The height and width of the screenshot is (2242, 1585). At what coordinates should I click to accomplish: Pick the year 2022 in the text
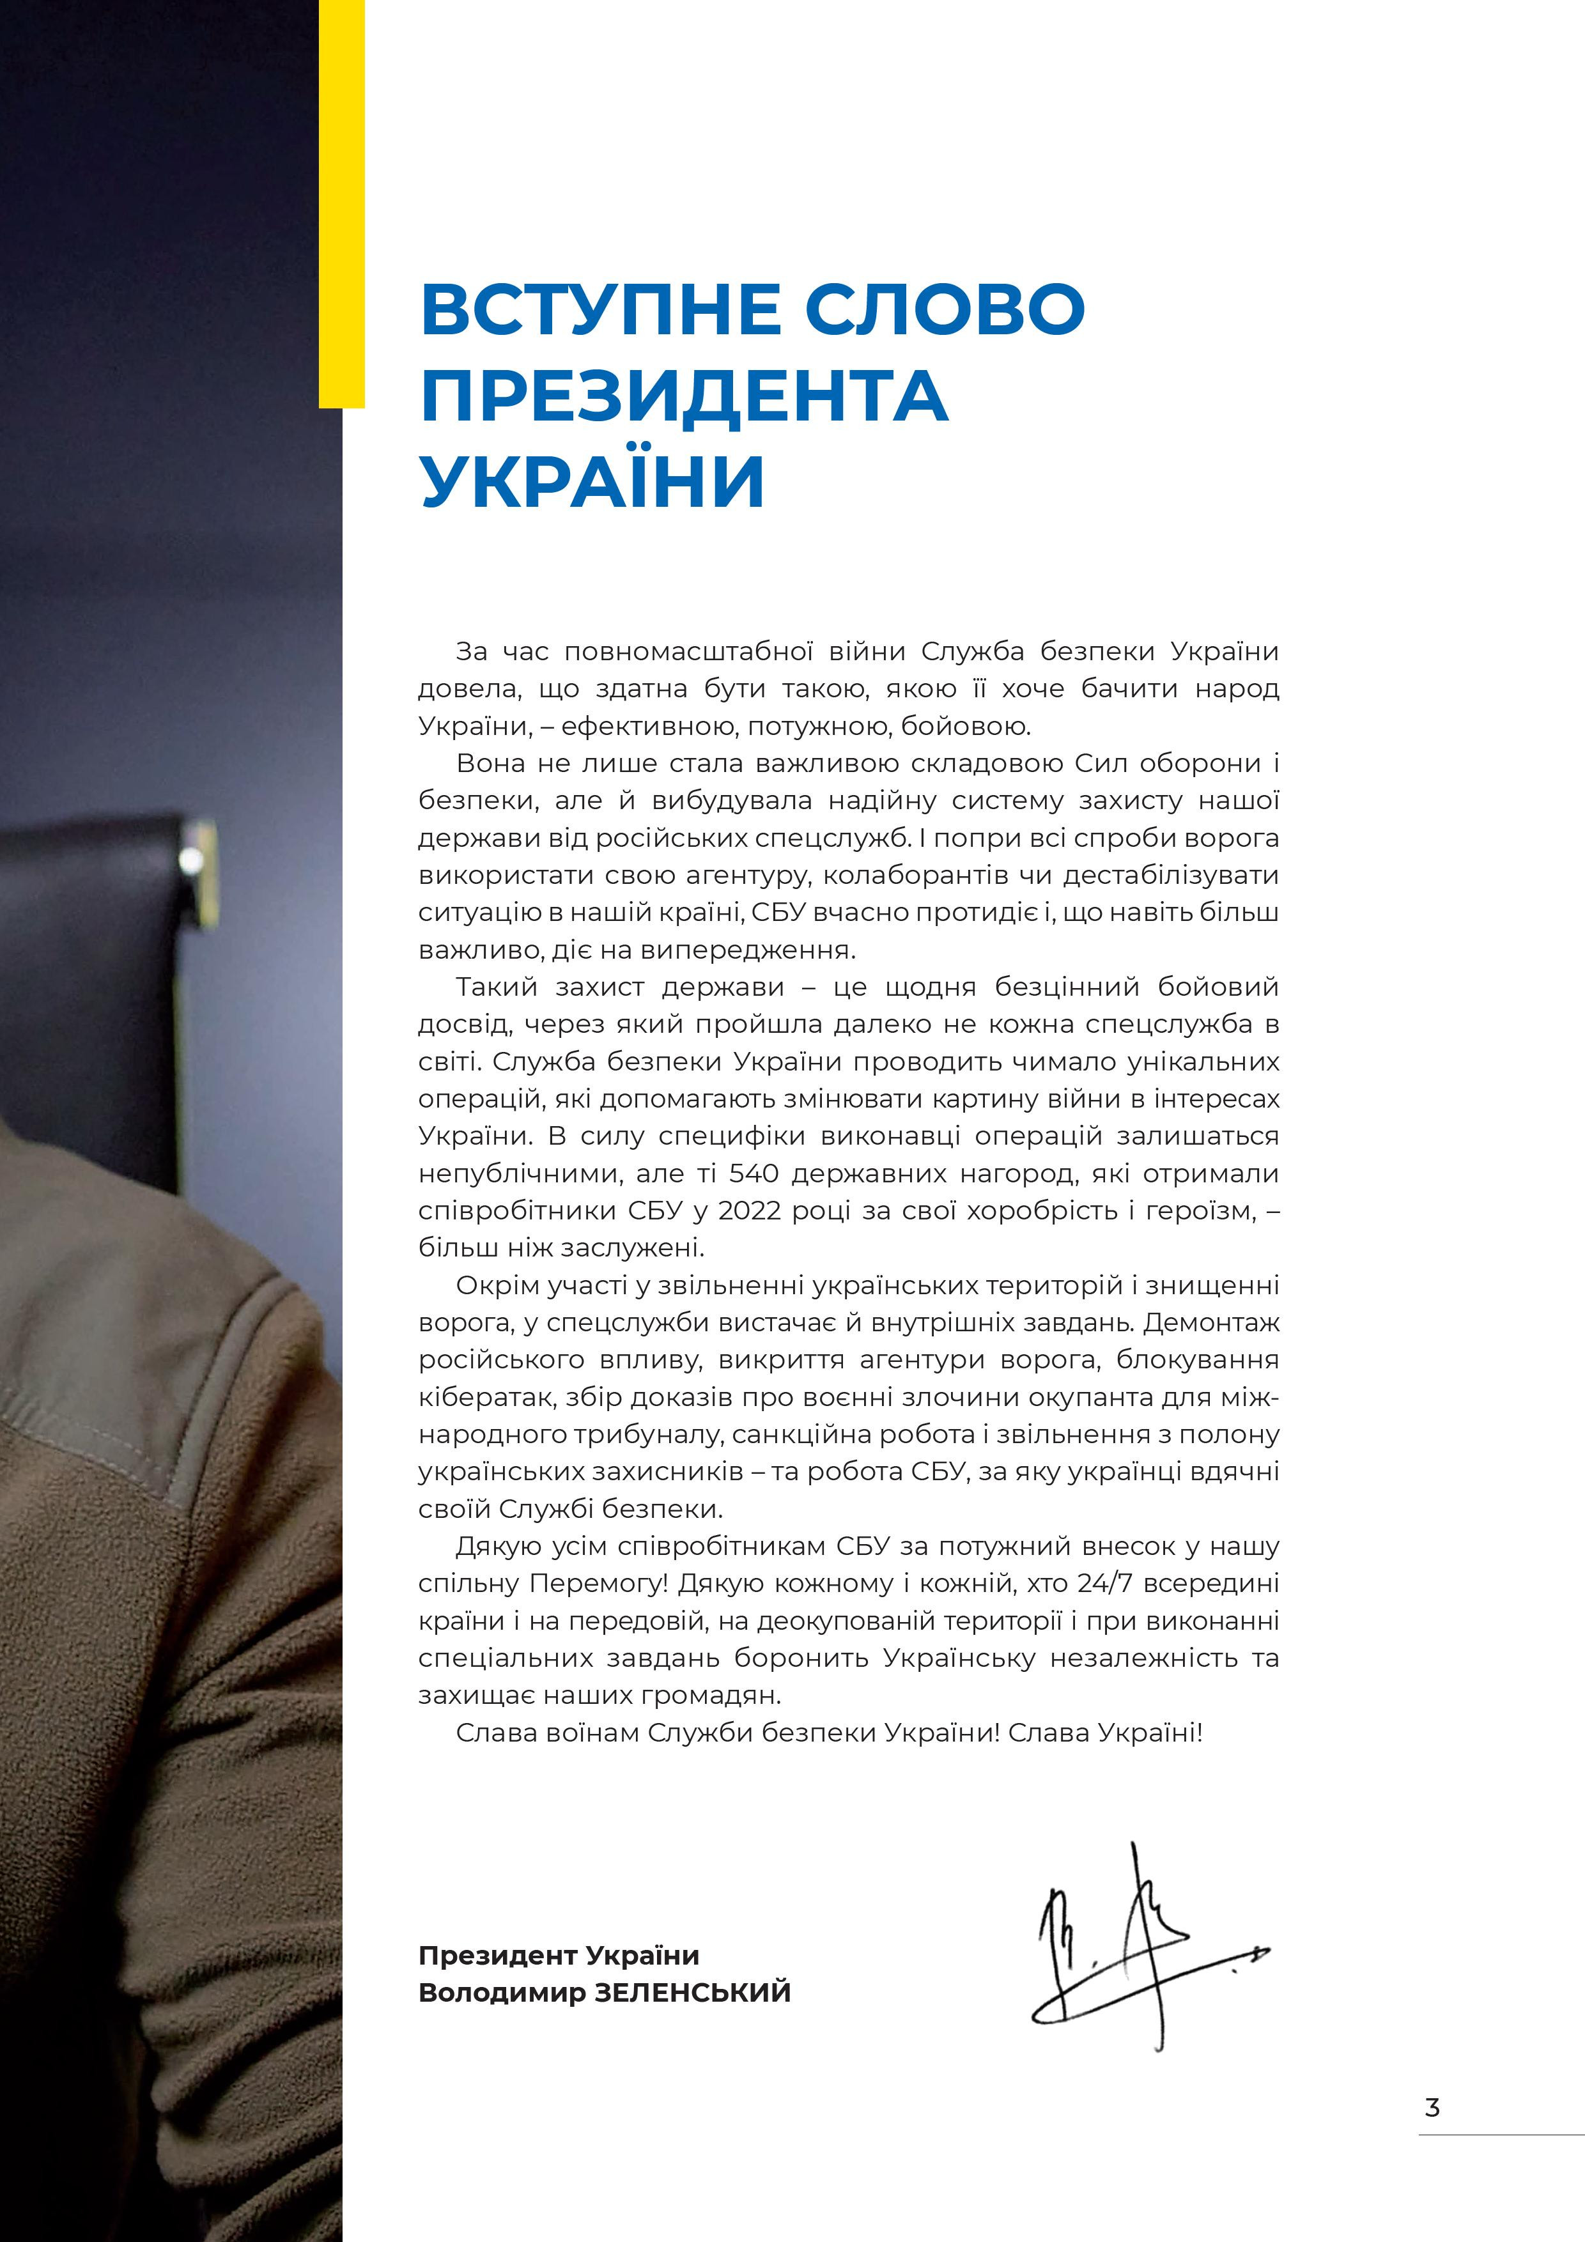pyautogui.click(x=751, y=1211)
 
